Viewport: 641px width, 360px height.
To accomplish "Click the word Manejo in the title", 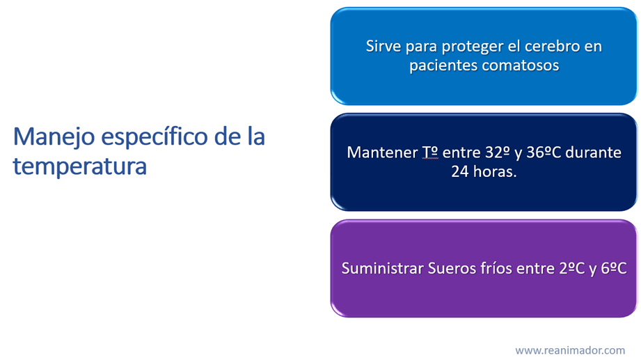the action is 54,137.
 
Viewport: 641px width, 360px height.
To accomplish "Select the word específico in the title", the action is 155,137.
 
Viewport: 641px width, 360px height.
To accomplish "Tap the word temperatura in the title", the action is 80,166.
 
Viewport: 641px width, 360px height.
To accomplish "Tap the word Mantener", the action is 382,152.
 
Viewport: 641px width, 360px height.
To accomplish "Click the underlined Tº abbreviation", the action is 430,152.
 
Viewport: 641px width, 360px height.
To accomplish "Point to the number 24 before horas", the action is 460,172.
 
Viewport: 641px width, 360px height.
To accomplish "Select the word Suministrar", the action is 382,269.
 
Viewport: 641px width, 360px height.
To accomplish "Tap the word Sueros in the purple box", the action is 450,269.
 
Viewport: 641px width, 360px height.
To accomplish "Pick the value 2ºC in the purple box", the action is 572,269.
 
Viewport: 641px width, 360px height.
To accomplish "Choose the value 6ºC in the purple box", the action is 614,269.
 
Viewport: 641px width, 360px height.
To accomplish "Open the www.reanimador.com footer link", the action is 570,350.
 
